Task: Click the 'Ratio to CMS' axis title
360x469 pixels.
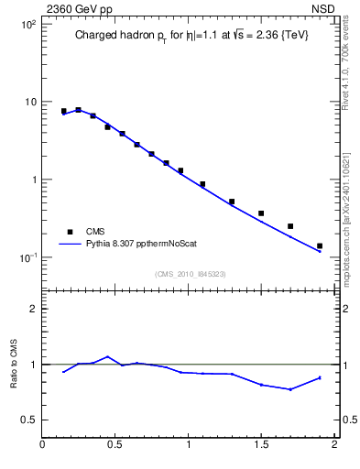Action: pyautogui.click(x=14, y=364)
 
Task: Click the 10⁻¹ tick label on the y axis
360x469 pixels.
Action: pyautogui.click(x=27, y=257)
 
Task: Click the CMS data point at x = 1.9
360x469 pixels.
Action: pyautogui.click(x=319, y=245)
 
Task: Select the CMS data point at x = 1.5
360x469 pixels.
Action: pyautogui.click(x=261, y=213)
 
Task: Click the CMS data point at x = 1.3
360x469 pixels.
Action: pyautogui.click(x=232, y=202)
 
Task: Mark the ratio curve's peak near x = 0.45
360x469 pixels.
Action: pyautogui.click(x=108, y=356)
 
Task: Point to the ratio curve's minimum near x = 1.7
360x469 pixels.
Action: pyautogui.click(x=290, y=389)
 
